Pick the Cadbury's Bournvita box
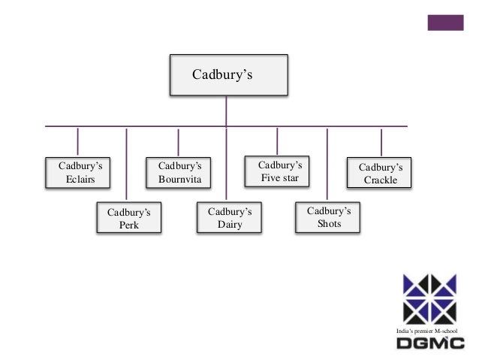click(x=179, y=172)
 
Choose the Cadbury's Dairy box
click(x=229, y=218)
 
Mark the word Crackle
click(x=381, y=180)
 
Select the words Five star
click(x=279, y=178)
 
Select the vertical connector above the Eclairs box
click(x=77, y=141)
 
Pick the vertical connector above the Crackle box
click(x=381, y=142)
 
